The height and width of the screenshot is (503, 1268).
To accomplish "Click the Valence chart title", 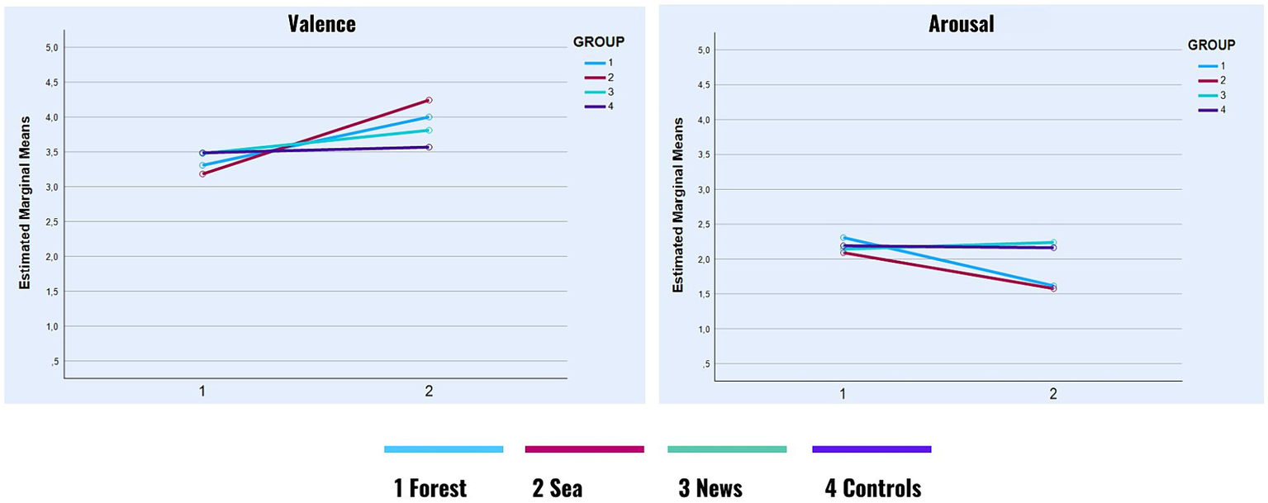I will click(321, 24).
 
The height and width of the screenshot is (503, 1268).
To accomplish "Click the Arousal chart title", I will click(961, 24).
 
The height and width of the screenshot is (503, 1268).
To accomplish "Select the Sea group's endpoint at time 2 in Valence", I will click(428, 100).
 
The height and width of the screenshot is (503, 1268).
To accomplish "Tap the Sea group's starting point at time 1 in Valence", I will click(202, 173).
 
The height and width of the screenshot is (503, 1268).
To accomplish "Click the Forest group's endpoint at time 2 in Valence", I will click(428, 117).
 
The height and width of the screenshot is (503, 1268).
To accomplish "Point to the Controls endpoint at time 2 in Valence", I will click(428, 147).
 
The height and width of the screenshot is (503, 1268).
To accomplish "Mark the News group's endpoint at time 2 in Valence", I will click(428, 130).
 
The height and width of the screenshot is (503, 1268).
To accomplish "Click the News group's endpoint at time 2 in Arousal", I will click(1053, 242).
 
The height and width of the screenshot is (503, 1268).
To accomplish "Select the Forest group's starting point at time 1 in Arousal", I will click(843, 238).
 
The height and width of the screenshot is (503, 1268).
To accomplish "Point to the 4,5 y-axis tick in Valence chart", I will click(50, 83).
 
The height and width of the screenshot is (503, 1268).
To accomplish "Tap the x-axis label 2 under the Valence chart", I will click(428, 391).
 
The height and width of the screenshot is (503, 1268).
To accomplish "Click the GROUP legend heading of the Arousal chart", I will click(1211, 45).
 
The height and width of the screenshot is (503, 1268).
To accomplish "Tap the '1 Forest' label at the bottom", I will click(430, 488).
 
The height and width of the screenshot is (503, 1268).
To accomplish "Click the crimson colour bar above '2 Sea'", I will click(584, 449).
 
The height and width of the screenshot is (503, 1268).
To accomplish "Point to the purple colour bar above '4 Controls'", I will click(871, 449).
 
